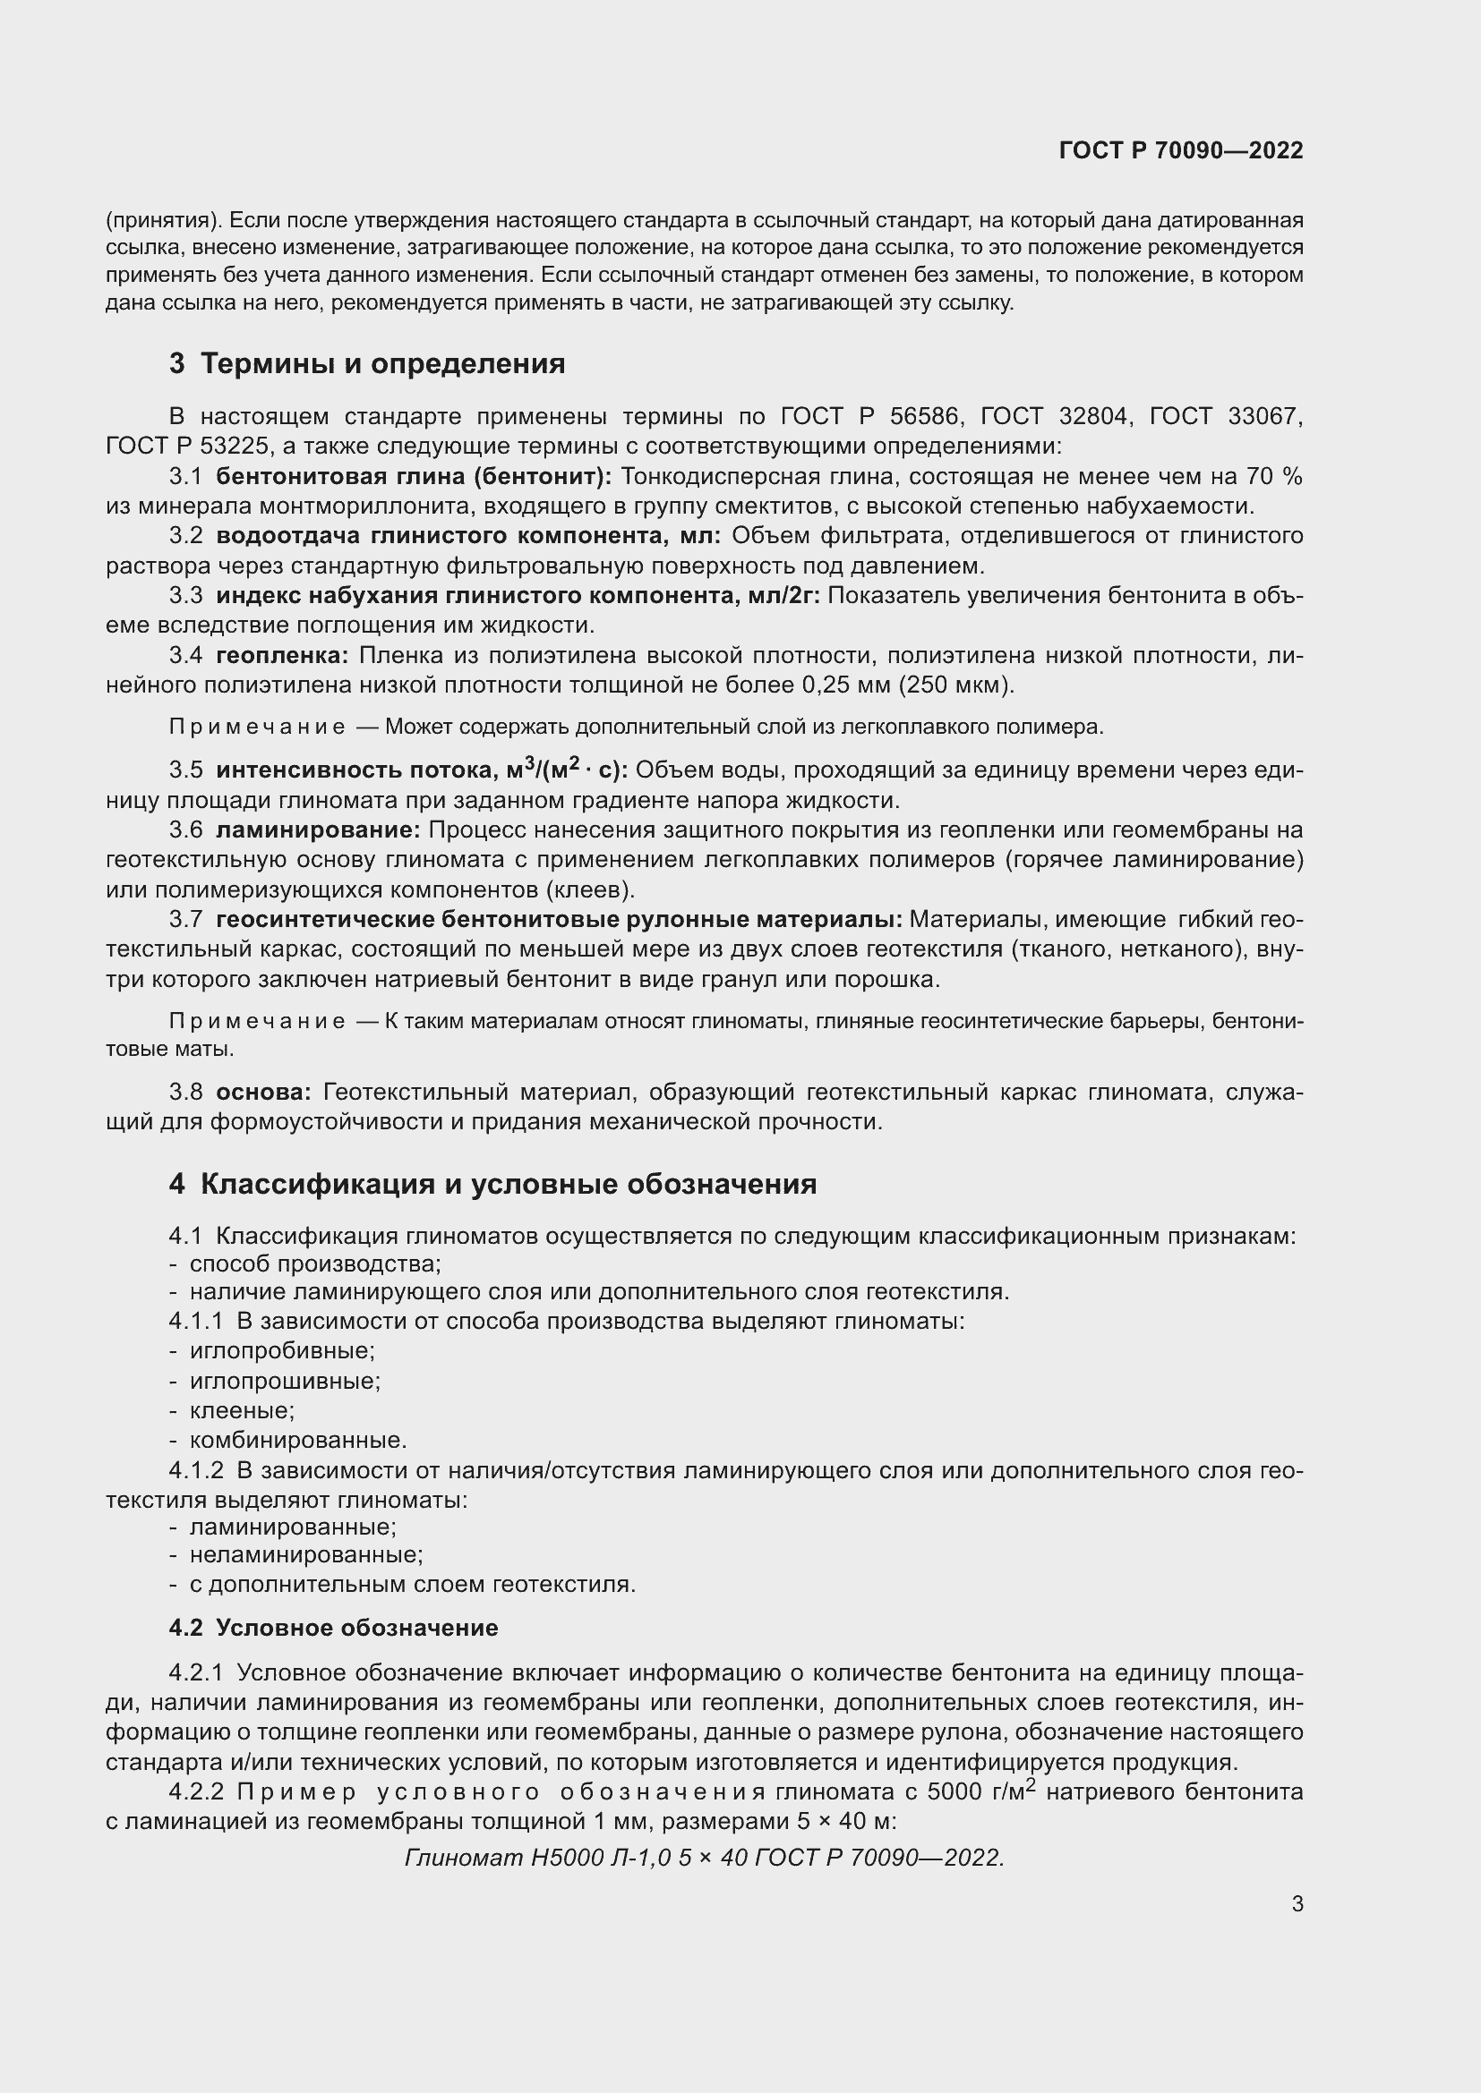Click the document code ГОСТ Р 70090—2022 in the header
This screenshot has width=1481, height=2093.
coord(1181,150)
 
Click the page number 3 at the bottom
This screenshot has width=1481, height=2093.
coord(1297,1903)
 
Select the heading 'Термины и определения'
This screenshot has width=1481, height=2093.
coord(382,363)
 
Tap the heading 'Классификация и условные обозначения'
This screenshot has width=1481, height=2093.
coord(508,1184)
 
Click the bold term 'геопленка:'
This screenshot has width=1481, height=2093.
coord(282,655)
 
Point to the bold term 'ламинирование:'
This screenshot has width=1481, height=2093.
coord(317,830)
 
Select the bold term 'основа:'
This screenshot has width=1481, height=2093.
coord(263,1092)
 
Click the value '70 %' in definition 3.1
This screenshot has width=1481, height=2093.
coord(1274,477)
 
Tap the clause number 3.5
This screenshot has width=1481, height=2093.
coord(186,770)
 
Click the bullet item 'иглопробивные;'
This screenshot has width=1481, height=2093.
coord(282,1351)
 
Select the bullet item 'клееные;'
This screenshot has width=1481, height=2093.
coord(242,1411)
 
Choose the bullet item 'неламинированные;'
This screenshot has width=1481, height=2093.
coord(305,1554)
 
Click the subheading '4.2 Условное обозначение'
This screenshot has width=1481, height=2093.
coord(334,1628)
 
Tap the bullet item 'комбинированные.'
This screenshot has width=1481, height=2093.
coord(297,1441)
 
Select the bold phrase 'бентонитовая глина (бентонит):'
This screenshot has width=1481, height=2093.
coord(414,477)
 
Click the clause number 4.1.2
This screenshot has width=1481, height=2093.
coord(196,1470)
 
